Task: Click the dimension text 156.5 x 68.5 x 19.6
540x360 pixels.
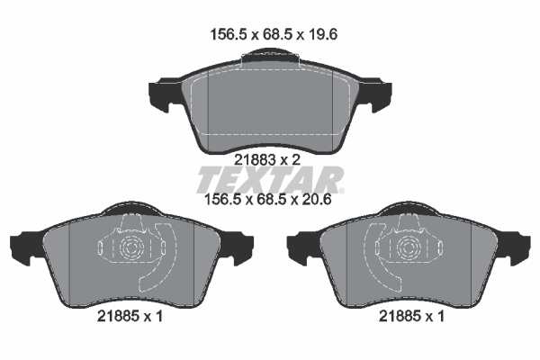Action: [267, 35]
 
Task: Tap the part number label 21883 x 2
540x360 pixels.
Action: [268, 158]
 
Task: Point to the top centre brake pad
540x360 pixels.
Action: [268, 103]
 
